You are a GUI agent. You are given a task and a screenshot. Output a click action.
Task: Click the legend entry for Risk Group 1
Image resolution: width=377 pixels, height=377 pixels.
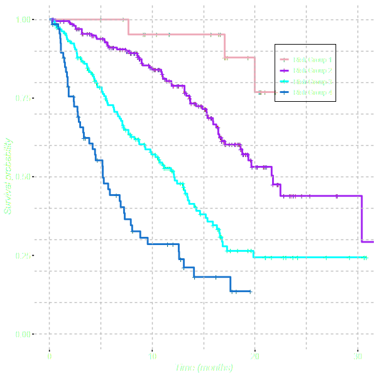[x=312, y=60]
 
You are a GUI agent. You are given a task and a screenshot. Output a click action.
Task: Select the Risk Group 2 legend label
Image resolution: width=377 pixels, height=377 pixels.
[x=312, y=70]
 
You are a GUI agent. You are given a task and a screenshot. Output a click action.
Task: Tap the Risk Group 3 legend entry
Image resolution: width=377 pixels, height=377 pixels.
[x=312, y=82]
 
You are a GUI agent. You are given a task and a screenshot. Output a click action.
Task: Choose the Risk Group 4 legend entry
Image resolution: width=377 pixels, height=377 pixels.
[x=312, y=92]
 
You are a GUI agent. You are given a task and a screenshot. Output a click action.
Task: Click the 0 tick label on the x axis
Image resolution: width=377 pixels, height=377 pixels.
[x=50, y=357]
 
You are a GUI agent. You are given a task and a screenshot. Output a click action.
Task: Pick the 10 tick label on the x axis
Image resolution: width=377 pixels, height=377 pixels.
[x=152, y=357]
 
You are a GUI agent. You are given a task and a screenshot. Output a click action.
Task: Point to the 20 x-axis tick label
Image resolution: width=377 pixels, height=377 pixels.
[x=254, y=357]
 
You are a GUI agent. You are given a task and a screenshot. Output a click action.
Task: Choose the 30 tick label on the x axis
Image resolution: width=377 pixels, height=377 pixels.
[x=357, y=357]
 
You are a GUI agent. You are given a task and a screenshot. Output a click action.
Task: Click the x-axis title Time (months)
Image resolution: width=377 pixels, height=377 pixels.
[x=204, y=368]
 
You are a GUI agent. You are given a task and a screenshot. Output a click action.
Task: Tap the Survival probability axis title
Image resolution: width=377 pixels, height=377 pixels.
[x=9, y=177]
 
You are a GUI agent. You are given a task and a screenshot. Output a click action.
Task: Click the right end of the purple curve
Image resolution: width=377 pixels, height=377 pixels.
[x=374, y=242]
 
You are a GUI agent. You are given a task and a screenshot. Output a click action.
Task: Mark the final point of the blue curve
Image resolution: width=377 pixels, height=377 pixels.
[x=251, y=292]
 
